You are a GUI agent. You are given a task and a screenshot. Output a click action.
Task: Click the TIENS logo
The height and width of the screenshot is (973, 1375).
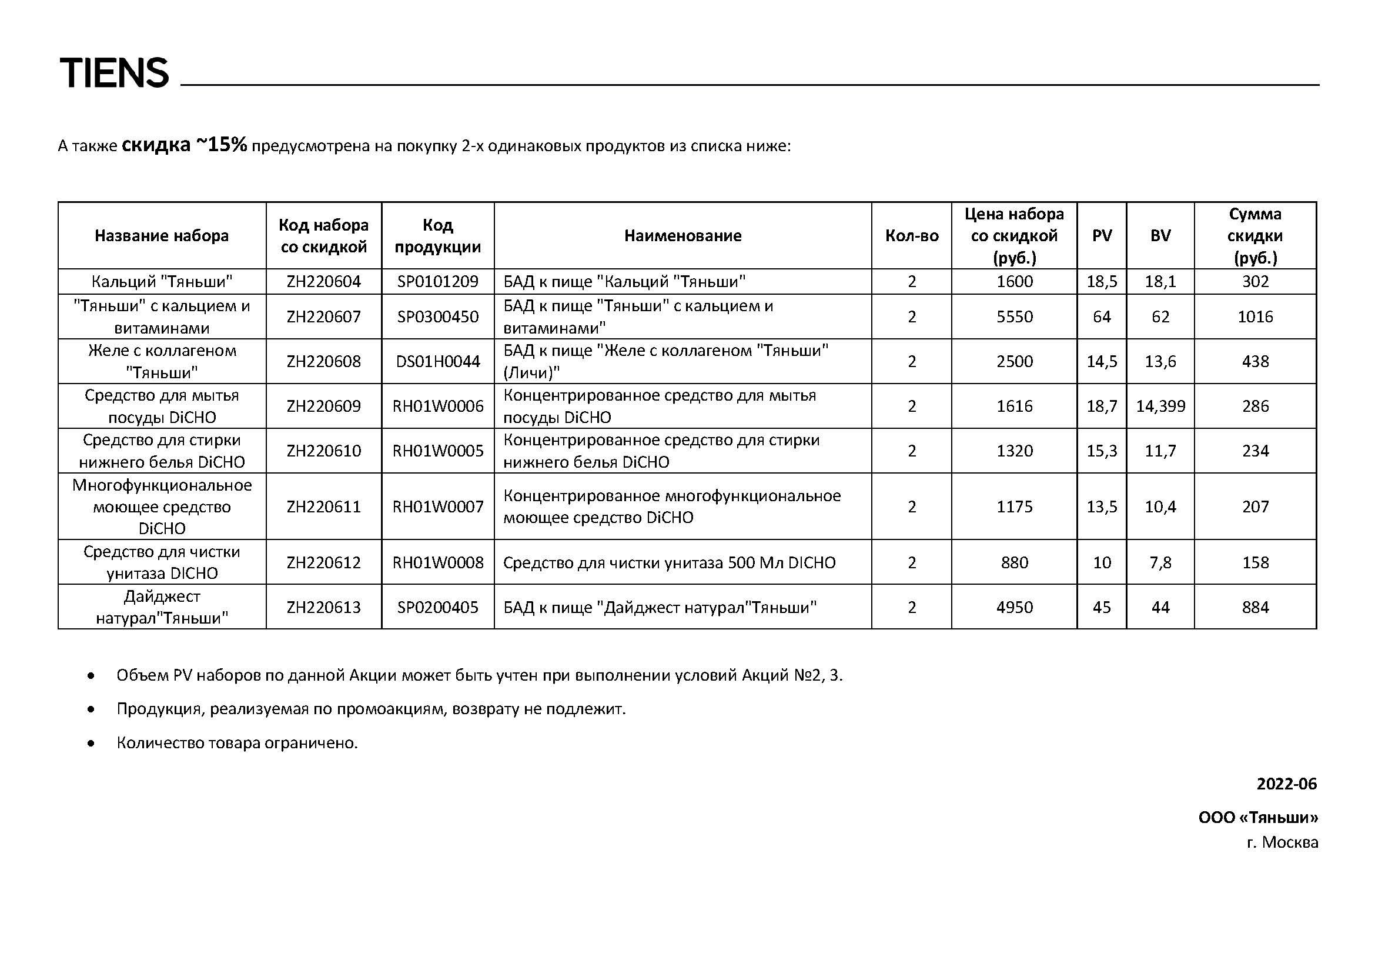tap(114, 73)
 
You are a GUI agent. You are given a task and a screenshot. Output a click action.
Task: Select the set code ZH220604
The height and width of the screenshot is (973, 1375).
tap(323, 282)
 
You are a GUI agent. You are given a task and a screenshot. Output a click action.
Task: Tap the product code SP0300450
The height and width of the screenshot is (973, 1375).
tap(438, 317)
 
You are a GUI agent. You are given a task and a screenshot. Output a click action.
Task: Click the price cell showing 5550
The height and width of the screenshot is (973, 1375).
tap(1015, 317)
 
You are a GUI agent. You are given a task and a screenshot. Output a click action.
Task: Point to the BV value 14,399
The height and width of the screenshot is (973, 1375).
tap(1160, 406)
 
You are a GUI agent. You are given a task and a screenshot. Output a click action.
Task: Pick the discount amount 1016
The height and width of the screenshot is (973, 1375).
tap(1254, 317)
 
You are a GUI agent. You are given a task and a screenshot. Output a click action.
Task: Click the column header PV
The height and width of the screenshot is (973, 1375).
tap(1102, 236)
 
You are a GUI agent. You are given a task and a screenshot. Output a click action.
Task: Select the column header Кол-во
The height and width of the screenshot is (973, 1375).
tap(912, 236)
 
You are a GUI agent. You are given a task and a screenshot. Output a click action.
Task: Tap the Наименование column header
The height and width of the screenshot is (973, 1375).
tap(683, 236)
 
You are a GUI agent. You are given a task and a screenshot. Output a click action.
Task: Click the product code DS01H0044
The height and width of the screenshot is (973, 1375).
tap(438, 362)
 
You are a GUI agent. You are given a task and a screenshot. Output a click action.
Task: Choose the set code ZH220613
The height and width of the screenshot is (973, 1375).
tap(323, 608)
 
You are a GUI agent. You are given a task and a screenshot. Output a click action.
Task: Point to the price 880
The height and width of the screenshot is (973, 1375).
tap(1015, 562)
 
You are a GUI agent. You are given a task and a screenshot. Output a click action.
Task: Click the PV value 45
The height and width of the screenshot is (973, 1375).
tap(1102, 608)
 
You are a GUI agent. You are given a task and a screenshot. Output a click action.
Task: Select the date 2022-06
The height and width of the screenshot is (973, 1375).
tap(1286, 784)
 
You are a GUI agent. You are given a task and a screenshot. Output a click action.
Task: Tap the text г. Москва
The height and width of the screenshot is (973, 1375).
tap(1282, 842)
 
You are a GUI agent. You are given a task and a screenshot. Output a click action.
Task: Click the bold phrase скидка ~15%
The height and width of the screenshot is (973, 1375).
tap(185, 145)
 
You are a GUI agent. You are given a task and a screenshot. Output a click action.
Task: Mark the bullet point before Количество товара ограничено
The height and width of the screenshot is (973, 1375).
tap(91, 744)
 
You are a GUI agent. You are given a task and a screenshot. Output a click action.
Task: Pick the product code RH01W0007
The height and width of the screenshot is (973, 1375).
tap(438, 507)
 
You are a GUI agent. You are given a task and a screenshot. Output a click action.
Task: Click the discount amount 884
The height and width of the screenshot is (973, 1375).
tap(1254, 608)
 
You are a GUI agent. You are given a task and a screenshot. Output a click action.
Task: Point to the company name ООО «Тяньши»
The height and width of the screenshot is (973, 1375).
tap(1257, 817)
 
